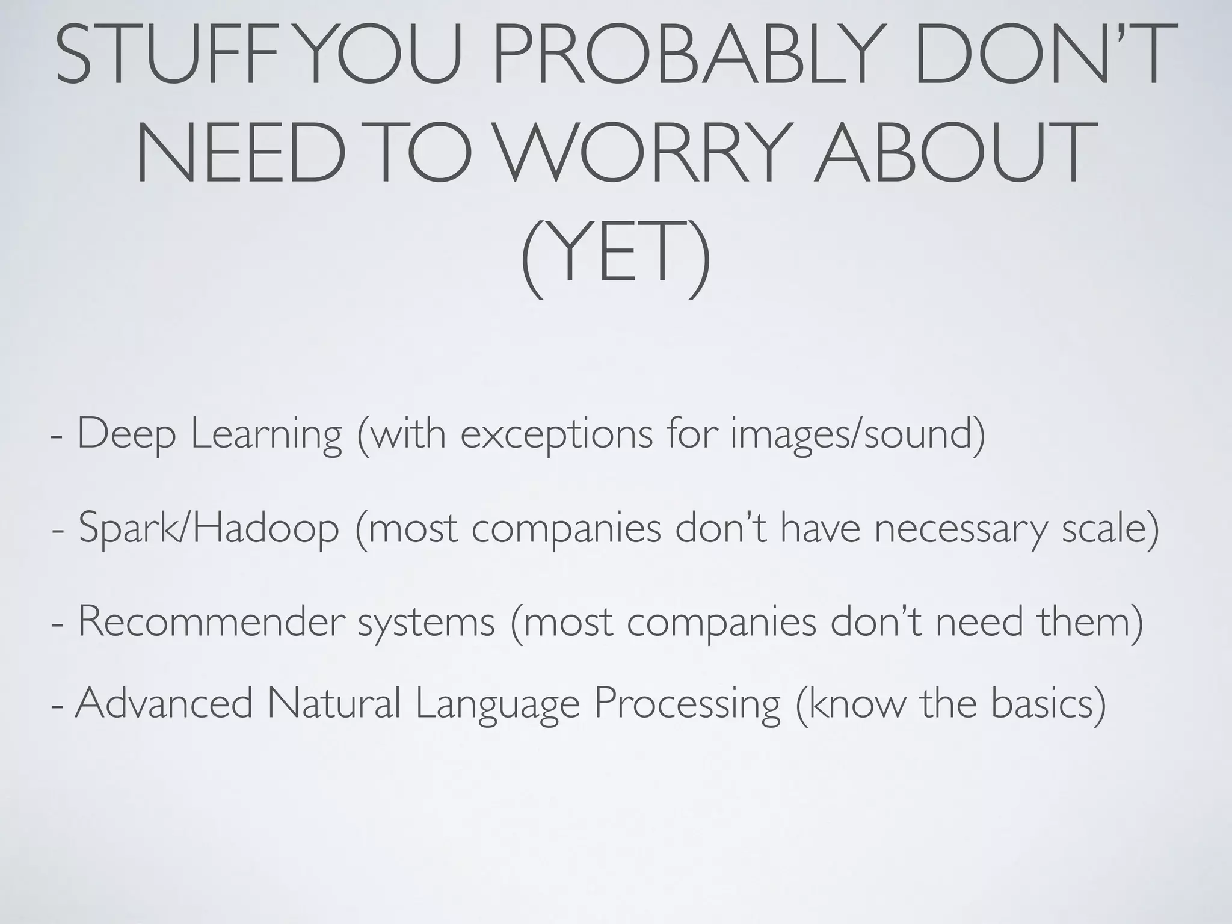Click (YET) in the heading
coord(615,256)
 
